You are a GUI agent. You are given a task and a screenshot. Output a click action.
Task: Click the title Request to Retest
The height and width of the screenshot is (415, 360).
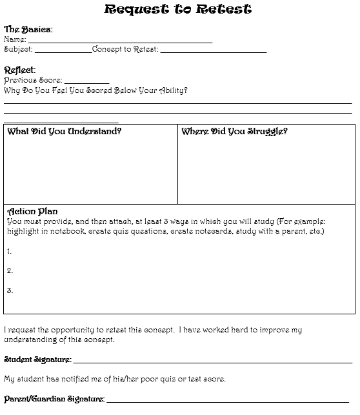[x=177, y=9]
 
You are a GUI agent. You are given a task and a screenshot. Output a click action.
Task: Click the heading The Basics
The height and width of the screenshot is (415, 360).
[x=28, y=29]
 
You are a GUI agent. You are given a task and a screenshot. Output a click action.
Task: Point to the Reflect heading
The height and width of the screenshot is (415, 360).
[x=19, y=70]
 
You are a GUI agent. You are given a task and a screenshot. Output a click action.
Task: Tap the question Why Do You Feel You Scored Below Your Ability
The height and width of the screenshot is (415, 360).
[x=95, y=90]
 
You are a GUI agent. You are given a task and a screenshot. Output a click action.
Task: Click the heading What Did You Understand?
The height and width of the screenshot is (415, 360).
[x=64, y=131]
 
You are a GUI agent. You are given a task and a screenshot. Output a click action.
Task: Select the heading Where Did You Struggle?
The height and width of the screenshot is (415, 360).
[x=234, y=131]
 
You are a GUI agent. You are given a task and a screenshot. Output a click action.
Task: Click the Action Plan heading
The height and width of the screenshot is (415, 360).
[x=32, y=211]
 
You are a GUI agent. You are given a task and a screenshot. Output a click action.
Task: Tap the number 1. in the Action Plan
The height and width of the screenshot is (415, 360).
[x=10, y=250]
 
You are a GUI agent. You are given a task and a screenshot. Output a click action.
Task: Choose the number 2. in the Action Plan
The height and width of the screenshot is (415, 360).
[x=10, y=270]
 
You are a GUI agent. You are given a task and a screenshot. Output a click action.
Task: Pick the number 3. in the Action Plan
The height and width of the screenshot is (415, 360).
[x=10, y=290]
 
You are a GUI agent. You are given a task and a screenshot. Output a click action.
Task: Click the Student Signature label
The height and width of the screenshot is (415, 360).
[x=37, y=359]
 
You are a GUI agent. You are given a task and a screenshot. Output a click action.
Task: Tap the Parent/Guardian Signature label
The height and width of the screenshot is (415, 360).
[x=54, y=399]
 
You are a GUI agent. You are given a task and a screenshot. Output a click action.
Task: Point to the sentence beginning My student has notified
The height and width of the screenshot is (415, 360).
[x=115, y=379]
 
